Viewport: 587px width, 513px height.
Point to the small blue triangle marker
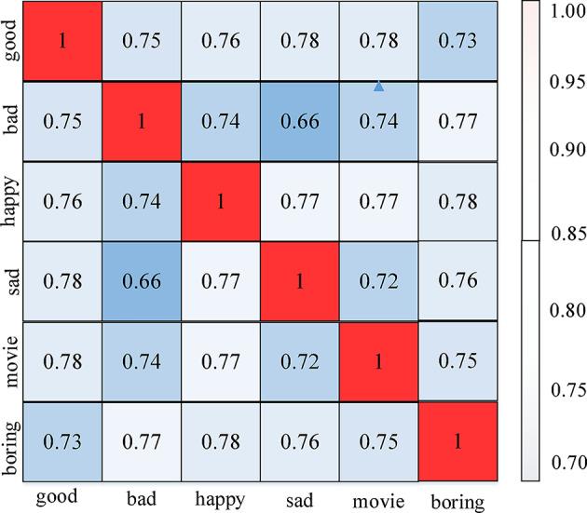pyautogui.click(x=378, y=87)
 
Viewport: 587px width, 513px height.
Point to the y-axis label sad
pyautogui.click(x=12, y=280)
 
